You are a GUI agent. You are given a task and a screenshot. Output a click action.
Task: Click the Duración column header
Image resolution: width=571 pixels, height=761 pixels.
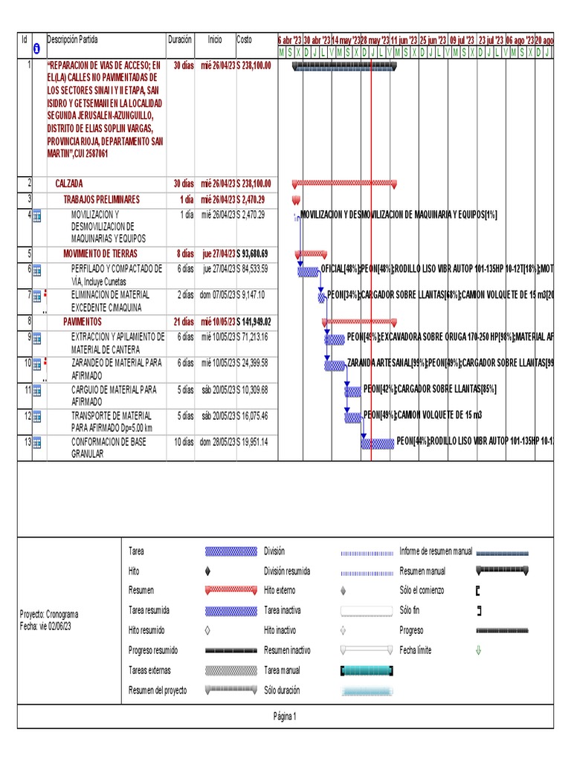(x=180, y=39)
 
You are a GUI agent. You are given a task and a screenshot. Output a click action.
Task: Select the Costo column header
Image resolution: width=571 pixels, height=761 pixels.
(x=245, y=39)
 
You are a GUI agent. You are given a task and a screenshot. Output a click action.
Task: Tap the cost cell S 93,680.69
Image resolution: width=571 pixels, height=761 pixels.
(x=254, y=253)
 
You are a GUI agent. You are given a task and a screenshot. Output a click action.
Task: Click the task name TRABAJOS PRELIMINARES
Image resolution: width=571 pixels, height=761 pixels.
(x=102, y=200)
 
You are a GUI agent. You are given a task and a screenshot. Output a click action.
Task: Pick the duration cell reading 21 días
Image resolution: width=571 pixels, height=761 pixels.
(x=182, y=322)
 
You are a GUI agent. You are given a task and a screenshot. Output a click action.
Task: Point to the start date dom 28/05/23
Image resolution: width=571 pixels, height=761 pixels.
(x=217, y=441)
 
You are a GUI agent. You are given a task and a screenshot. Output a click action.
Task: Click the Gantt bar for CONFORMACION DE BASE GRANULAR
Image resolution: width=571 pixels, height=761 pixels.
(x=378, y=444)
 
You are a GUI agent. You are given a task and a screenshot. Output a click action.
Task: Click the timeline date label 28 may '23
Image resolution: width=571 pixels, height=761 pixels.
(x=375, y=40)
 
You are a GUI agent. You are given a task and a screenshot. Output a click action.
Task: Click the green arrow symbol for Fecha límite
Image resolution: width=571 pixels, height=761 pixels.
(x=478, y=650)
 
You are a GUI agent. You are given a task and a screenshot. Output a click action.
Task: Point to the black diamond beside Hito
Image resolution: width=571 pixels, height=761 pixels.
(x=207, y=571)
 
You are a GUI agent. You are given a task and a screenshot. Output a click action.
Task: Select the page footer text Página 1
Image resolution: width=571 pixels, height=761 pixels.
(x=285, y=716)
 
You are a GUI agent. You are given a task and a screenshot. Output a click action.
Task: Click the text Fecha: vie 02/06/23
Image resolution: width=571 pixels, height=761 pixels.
(x=46, y=626)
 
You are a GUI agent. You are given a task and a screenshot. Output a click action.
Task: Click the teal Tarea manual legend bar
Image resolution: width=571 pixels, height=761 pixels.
(x=367, y=670)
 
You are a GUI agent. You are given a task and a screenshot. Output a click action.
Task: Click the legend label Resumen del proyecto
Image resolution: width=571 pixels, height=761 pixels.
(x=158, y=690)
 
